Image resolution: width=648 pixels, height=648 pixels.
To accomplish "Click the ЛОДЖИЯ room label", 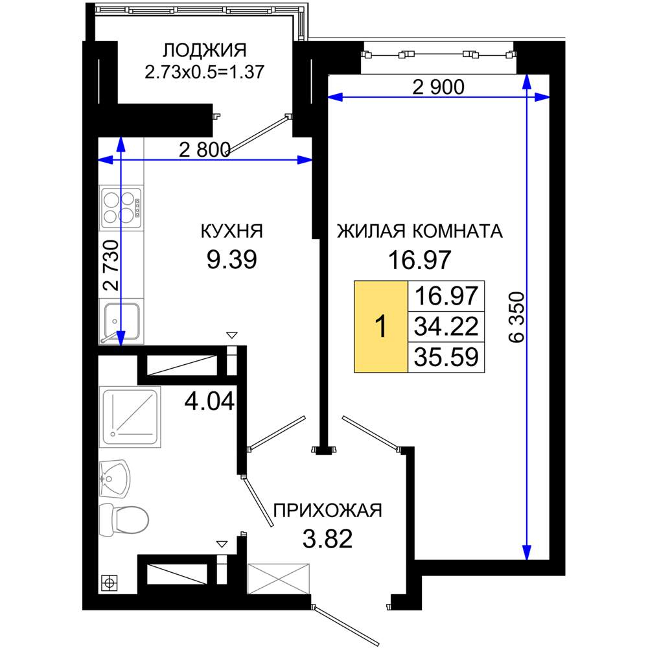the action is coord(204,51).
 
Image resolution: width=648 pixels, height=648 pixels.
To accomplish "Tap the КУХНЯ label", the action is coord(232,231).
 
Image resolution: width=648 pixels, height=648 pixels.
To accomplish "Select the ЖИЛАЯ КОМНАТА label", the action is coord(420,231).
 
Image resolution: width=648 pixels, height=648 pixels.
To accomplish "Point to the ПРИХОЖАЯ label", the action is coord(328,511).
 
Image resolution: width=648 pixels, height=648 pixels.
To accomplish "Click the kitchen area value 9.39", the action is coord(232,260).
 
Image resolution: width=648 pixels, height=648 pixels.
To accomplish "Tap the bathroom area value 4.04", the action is coord(209,401).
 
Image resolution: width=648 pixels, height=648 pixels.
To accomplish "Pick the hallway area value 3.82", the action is coord(328,539).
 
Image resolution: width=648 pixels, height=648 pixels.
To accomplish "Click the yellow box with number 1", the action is coord(381,327).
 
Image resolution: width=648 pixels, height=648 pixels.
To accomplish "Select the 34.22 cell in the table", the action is coord(446,326).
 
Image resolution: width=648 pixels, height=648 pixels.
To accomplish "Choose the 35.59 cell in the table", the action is coord(446,357).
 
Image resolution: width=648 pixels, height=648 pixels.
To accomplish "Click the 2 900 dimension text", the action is coord(439,87).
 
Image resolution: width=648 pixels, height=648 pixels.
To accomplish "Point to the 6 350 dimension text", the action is coord(516,318).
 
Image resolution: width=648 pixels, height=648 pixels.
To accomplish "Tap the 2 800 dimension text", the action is coord(205,150).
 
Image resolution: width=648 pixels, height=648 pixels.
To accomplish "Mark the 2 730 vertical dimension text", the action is coord(111,265).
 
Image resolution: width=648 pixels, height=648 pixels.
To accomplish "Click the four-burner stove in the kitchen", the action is coord(122,208).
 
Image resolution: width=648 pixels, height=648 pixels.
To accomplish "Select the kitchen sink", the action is coord(121,322).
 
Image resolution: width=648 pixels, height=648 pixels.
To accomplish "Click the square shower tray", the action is coord(130,417).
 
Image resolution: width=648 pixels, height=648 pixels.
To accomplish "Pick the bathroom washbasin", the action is coord(115,479).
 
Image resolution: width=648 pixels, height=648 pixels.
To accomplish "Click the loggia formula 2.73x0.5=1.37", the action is coord(204,72).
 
